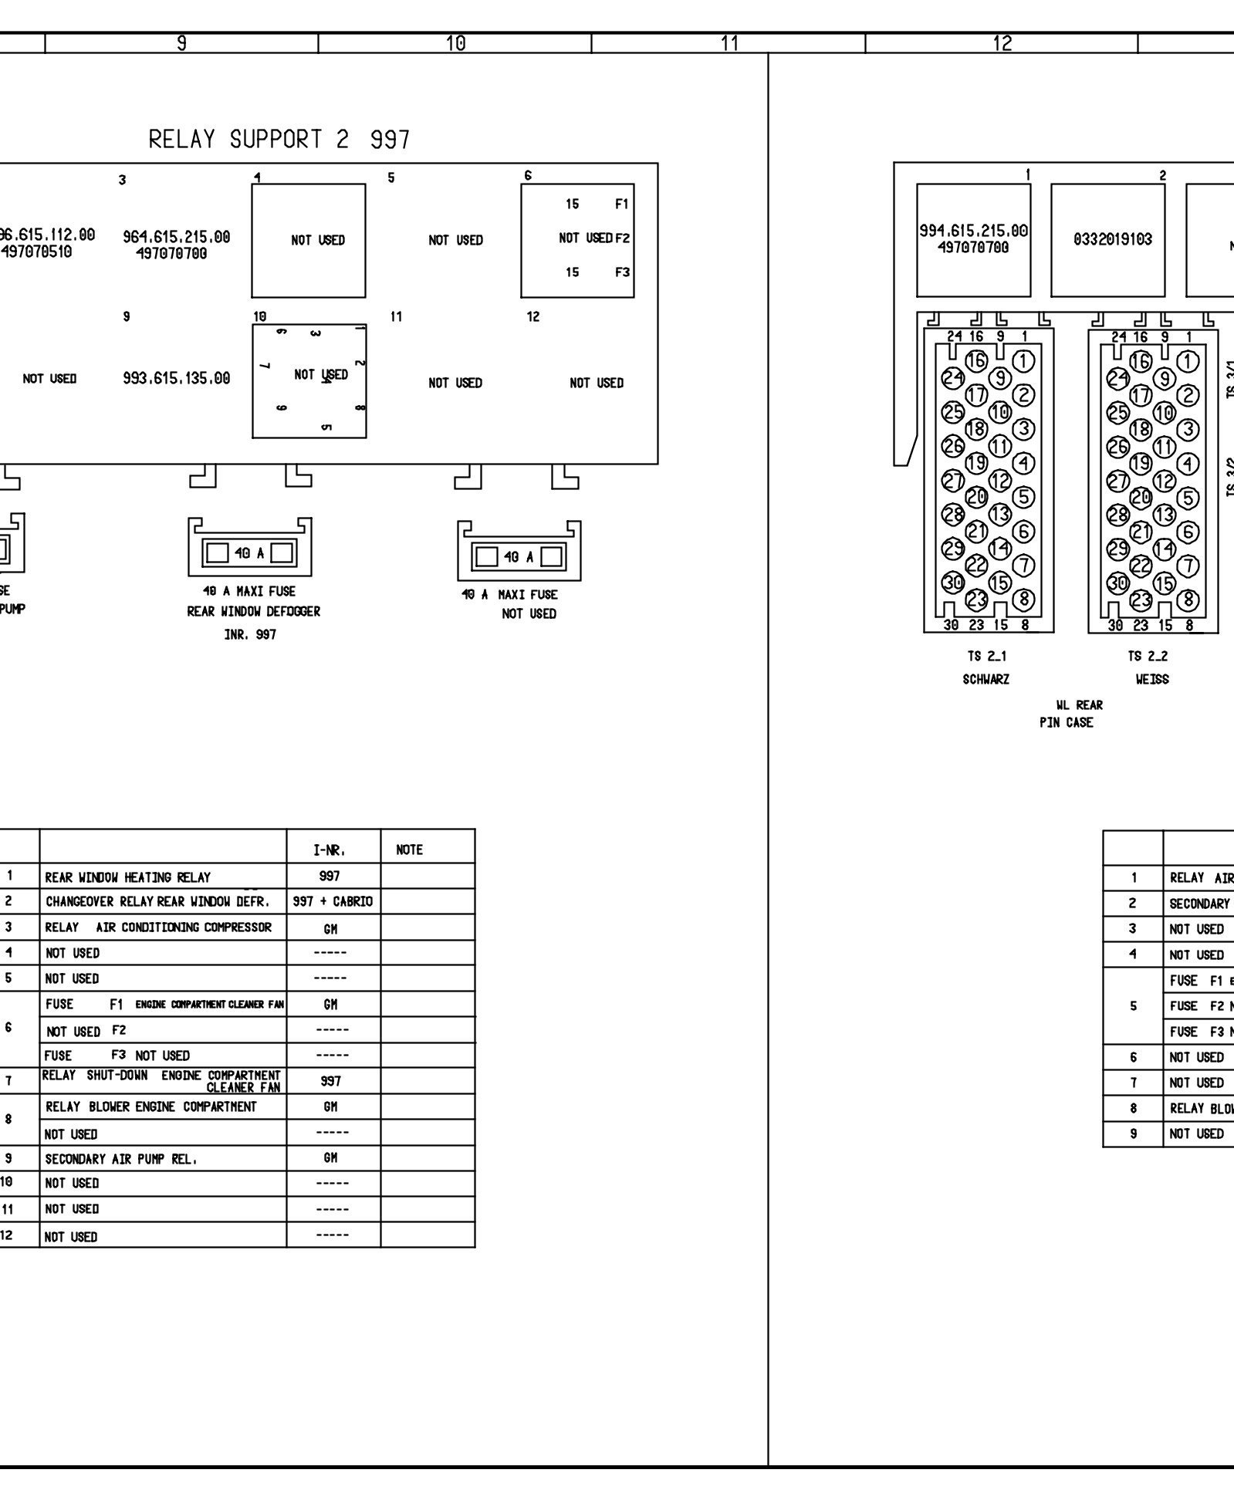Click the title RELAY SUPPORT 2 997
coord(279,140)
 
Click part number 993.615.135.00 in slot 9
coord(176,379)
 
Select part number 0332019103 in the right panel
coord(1112,239)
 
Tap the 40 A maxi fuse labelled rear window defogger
coord(249,552)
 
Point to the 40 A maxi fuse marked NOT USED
coord(519,556)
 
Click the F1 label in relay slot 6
coord(621,204)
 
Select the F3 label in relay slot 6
coord(621,272)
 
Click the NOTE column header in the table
coord(409,850)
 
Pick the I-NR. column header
coord(330,850)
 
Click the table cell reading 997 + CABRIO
coord(333,902)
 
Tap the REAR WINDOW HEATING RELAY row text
coord(127,877)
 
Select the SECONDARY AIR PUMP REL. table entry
coord(120,1159)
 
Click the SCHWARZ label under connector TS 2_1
coord(986,680)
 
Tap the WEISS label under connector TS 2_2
coord(1151,680)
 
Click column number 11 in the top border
coord(729,43)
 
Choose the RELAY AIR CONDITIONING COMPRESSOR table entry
coord(158,927)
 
